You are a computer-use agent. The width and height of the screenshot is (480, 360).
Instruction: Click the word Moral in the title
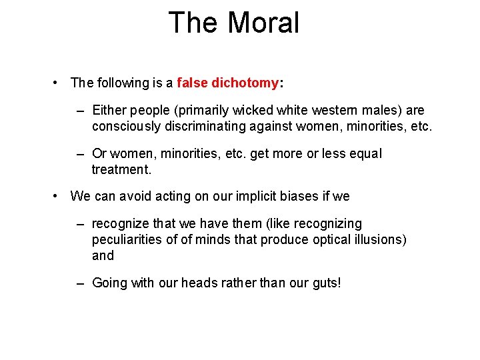point(263,23)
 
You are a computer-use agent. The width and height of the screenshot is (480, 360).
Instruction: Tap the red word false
point(193,83)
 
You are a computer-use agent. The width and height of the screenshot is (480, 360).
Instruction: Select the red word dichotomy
point(245,83)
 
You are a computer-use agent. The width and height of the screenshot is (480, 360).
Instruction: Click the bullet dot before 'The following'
point(59,83)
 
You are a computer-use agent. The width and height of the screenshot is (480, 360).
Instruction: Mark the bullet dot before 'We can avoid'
point(59,197)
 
